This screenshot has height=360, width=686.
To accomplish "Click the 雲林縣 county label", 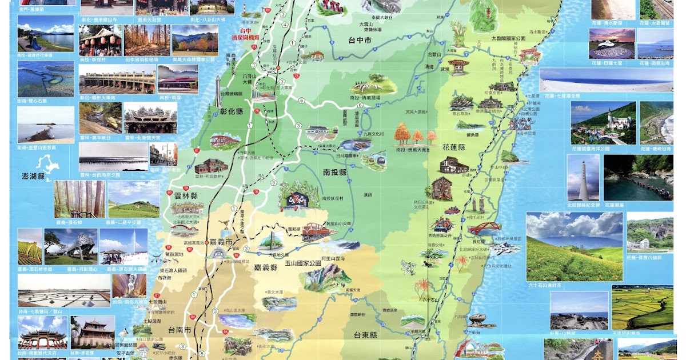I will click(186, 195).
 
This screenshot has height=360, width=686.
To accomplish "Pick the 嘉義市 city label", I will click(221, 242).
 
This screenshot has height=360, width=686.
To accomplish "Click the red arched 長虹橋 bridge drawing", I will click(484, 229).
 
